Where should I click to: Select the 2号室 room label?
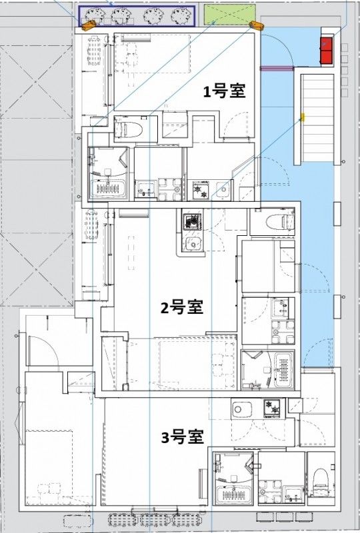click(x=181, y=308)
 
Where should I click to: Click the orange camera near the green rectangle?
click(x=257, y=26)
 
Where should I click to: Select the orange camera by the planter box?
click(x=88, y=25)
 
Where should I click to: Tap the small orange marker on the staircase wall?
click(x=302, y=117)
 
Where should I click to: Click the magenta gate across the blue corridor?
click(x=276, y=67)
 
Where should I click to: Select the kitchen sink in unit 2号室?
click(x=193, y=244)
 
